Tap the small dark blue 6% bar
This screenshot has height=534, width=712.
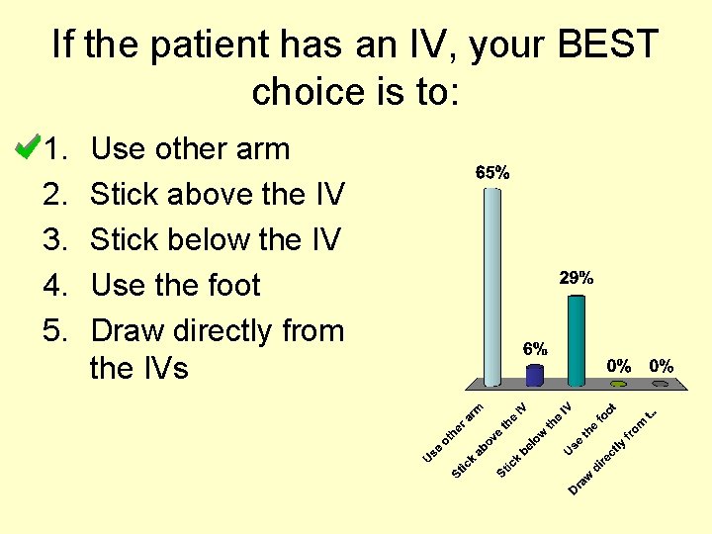(535, 374)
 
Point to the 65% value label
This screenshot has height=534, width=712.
(492, 172)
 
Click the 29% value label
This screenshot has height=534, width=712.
(577, 278)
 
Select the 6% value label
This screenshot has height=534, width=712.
(535, 348)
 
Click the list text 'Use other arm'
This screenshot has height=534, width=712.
(190, 149)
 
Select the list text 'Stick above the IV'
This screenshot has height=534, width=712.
(217, 195)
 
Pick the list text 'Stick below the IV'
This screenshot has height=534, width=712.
(216, 240)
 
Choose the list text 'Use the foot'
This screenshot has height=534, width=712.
(175, 286)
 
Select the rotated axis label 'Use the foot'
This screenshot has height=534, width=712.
(591, 429)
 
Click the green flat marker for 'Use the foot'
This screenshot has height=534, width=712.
(619, 383)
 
